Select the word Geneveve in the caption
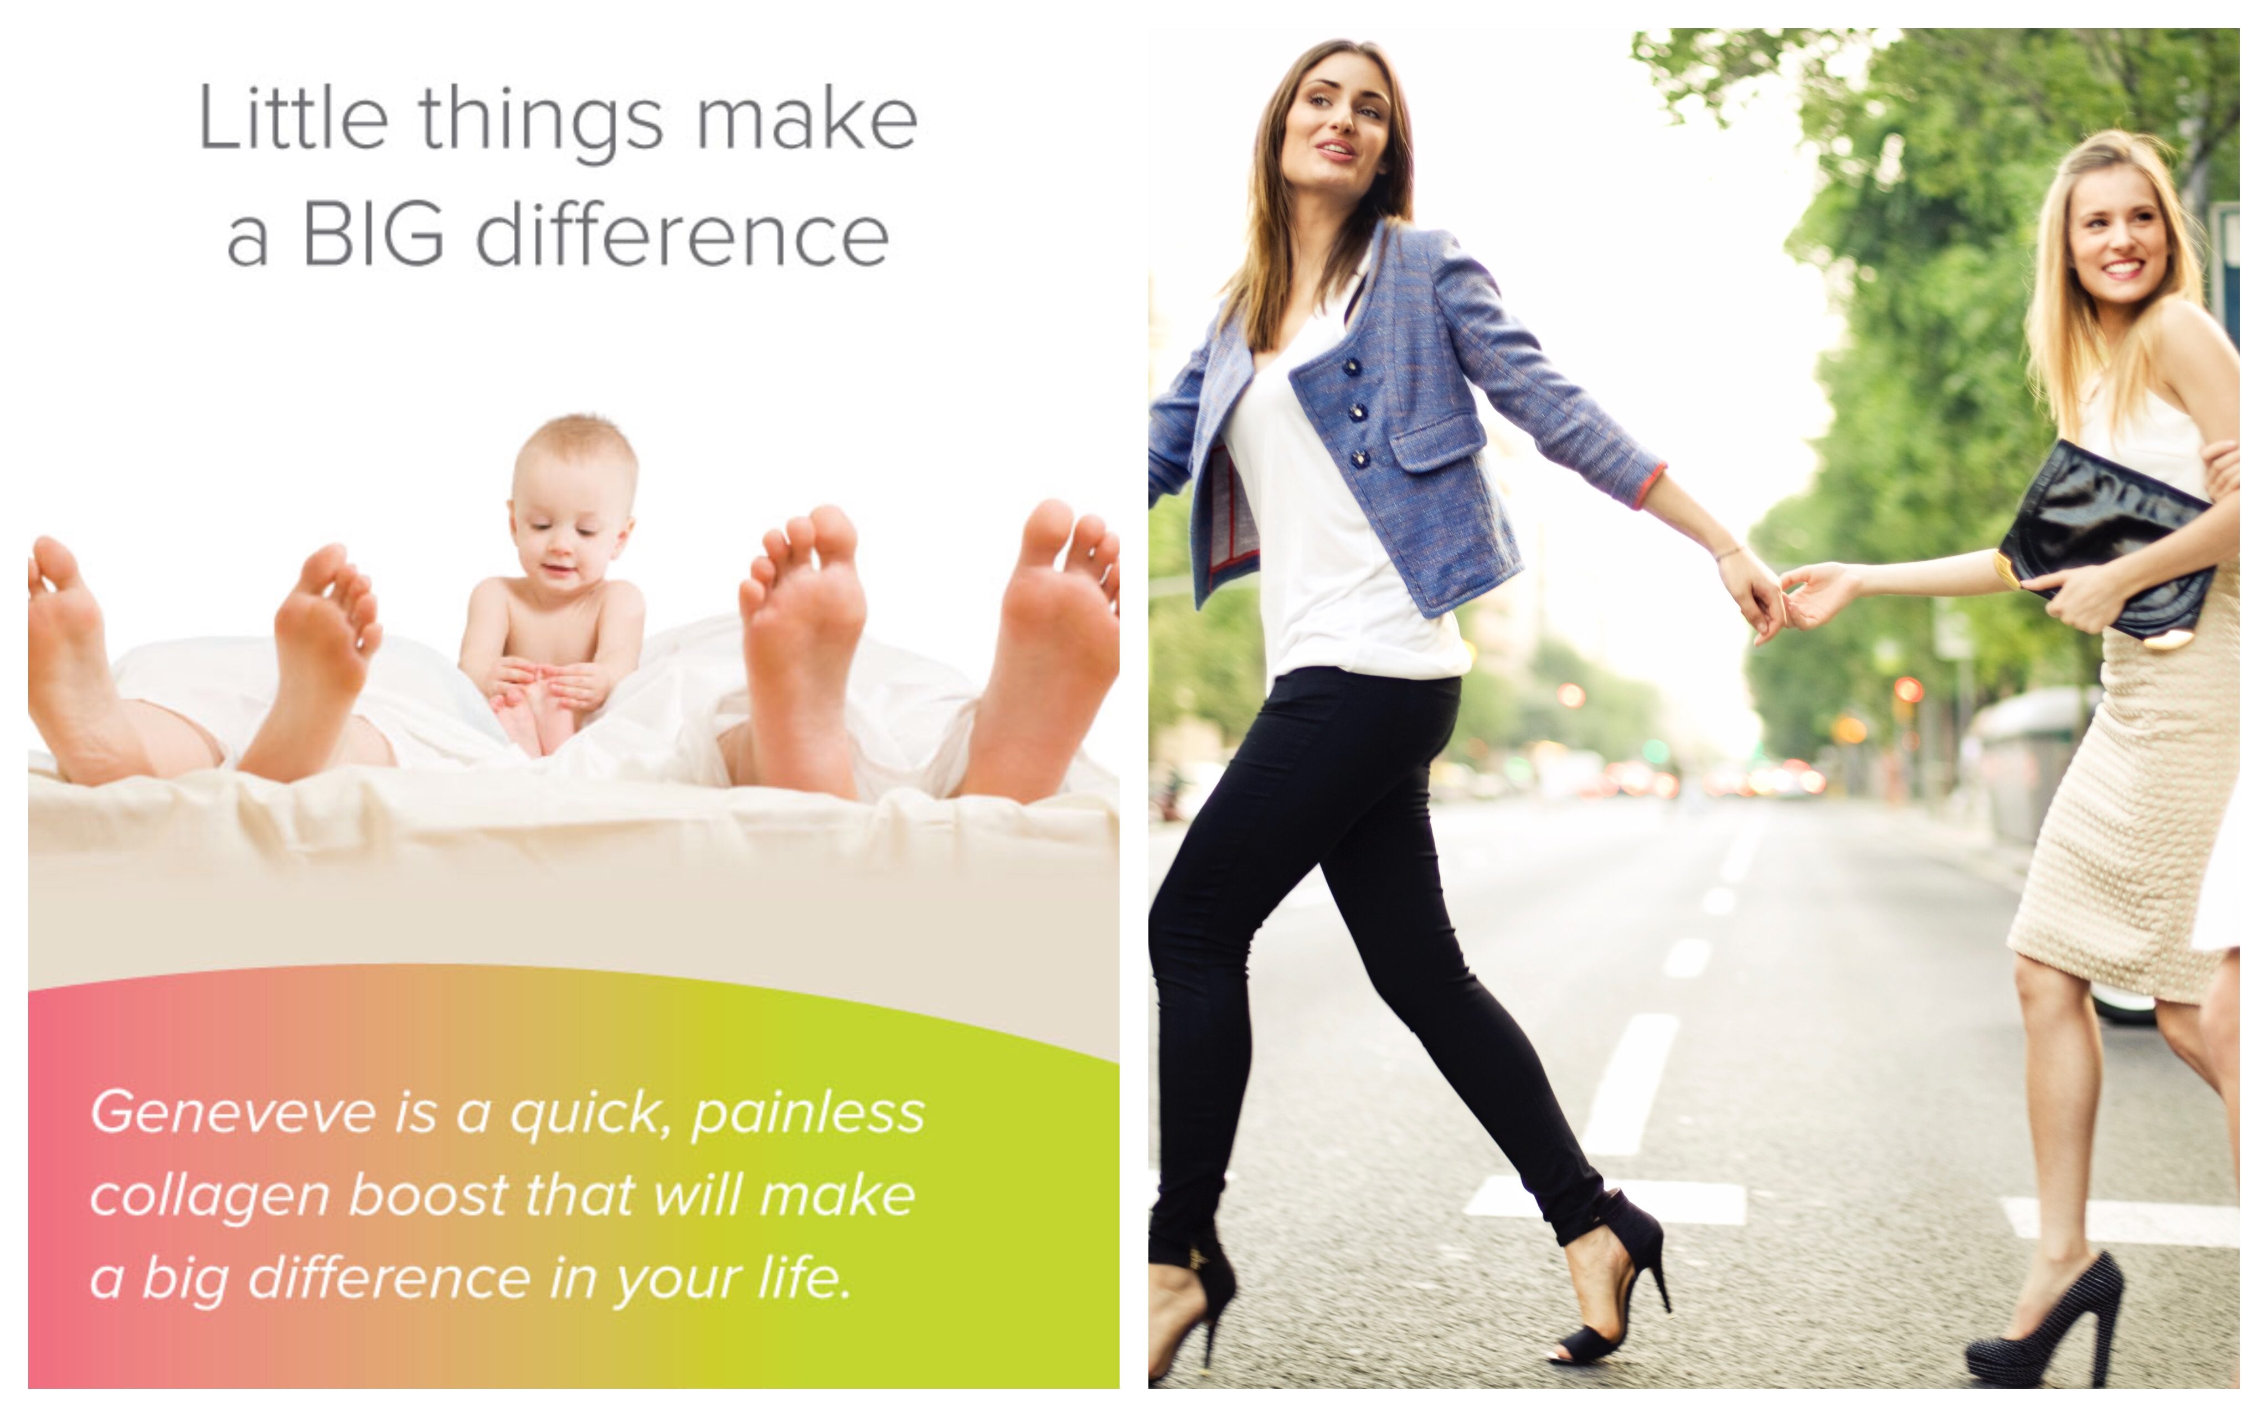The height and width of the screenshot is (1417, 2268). click(233, 1113)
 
